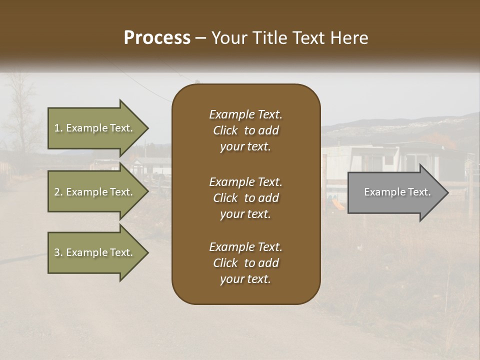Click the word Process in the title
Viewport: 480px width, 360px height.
click(157, 38)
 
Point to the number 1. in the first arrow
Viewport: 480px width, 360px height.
click(58, 128)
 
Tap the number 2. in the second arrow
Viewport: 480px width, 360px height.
click(58, 192)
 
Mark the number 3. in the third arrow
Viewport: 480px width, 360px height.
click(58, 252)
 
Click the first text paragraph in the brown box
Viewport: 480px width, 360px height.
click(245, 130)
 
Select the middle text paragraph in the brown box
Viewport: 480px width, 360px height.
click(245, 198)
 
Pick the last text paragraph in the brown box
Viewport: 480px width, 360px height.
click(245, 263)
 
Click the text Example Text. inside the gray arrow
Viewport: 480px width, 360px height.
click(397, 192)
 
